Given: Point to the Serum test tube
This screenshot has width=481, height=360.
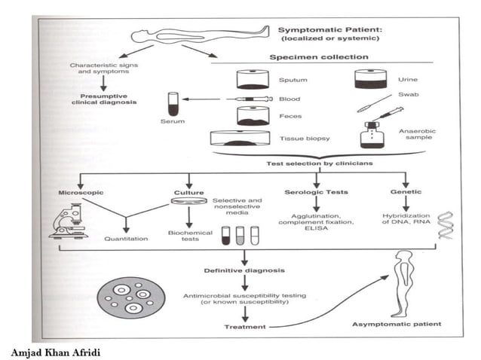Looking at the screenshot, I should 173,100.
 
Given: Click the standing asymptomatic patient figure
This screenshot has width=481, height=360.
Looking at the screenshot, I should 403,282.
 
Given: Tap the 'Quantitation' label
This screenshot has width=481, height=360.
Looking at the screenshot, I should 127,238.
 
